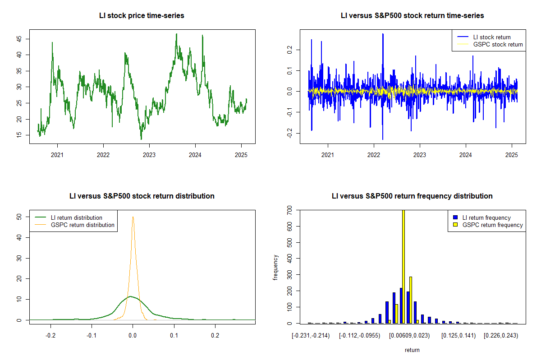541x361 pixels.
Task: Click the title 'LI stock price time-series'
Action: tap(142, 16)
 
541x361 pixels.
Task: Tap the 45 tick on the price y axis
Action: tap(19, 39)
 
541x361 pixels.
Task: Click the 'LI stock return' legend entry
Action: tap(492, 37)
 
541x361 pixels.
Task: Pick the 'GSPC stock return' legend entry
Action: tap(498, 45)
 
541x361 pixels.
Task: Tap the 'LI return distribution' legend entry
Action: tap(76, 218)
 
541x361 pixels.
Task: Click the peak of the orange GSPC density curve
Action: tap(133, 217)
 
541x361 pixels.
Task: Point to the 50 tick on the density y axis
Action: tap(19, 217)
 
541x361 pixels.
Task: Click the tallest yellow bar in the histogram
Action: tap(403, 266)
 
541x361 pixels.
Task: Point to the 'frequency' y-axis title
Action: tap(275, 267)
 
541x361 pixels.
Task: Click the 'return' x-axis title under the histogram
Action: tap(412, 350)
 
